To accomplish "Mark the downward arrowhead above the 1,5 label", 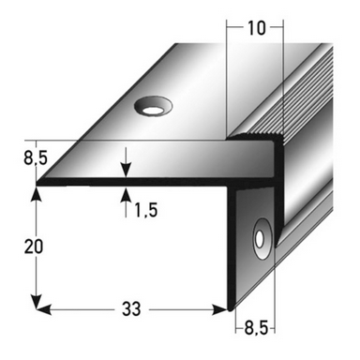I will (x=124, y=171).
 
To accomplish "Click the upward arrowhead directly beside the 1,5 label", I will (x=124, y=194).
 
